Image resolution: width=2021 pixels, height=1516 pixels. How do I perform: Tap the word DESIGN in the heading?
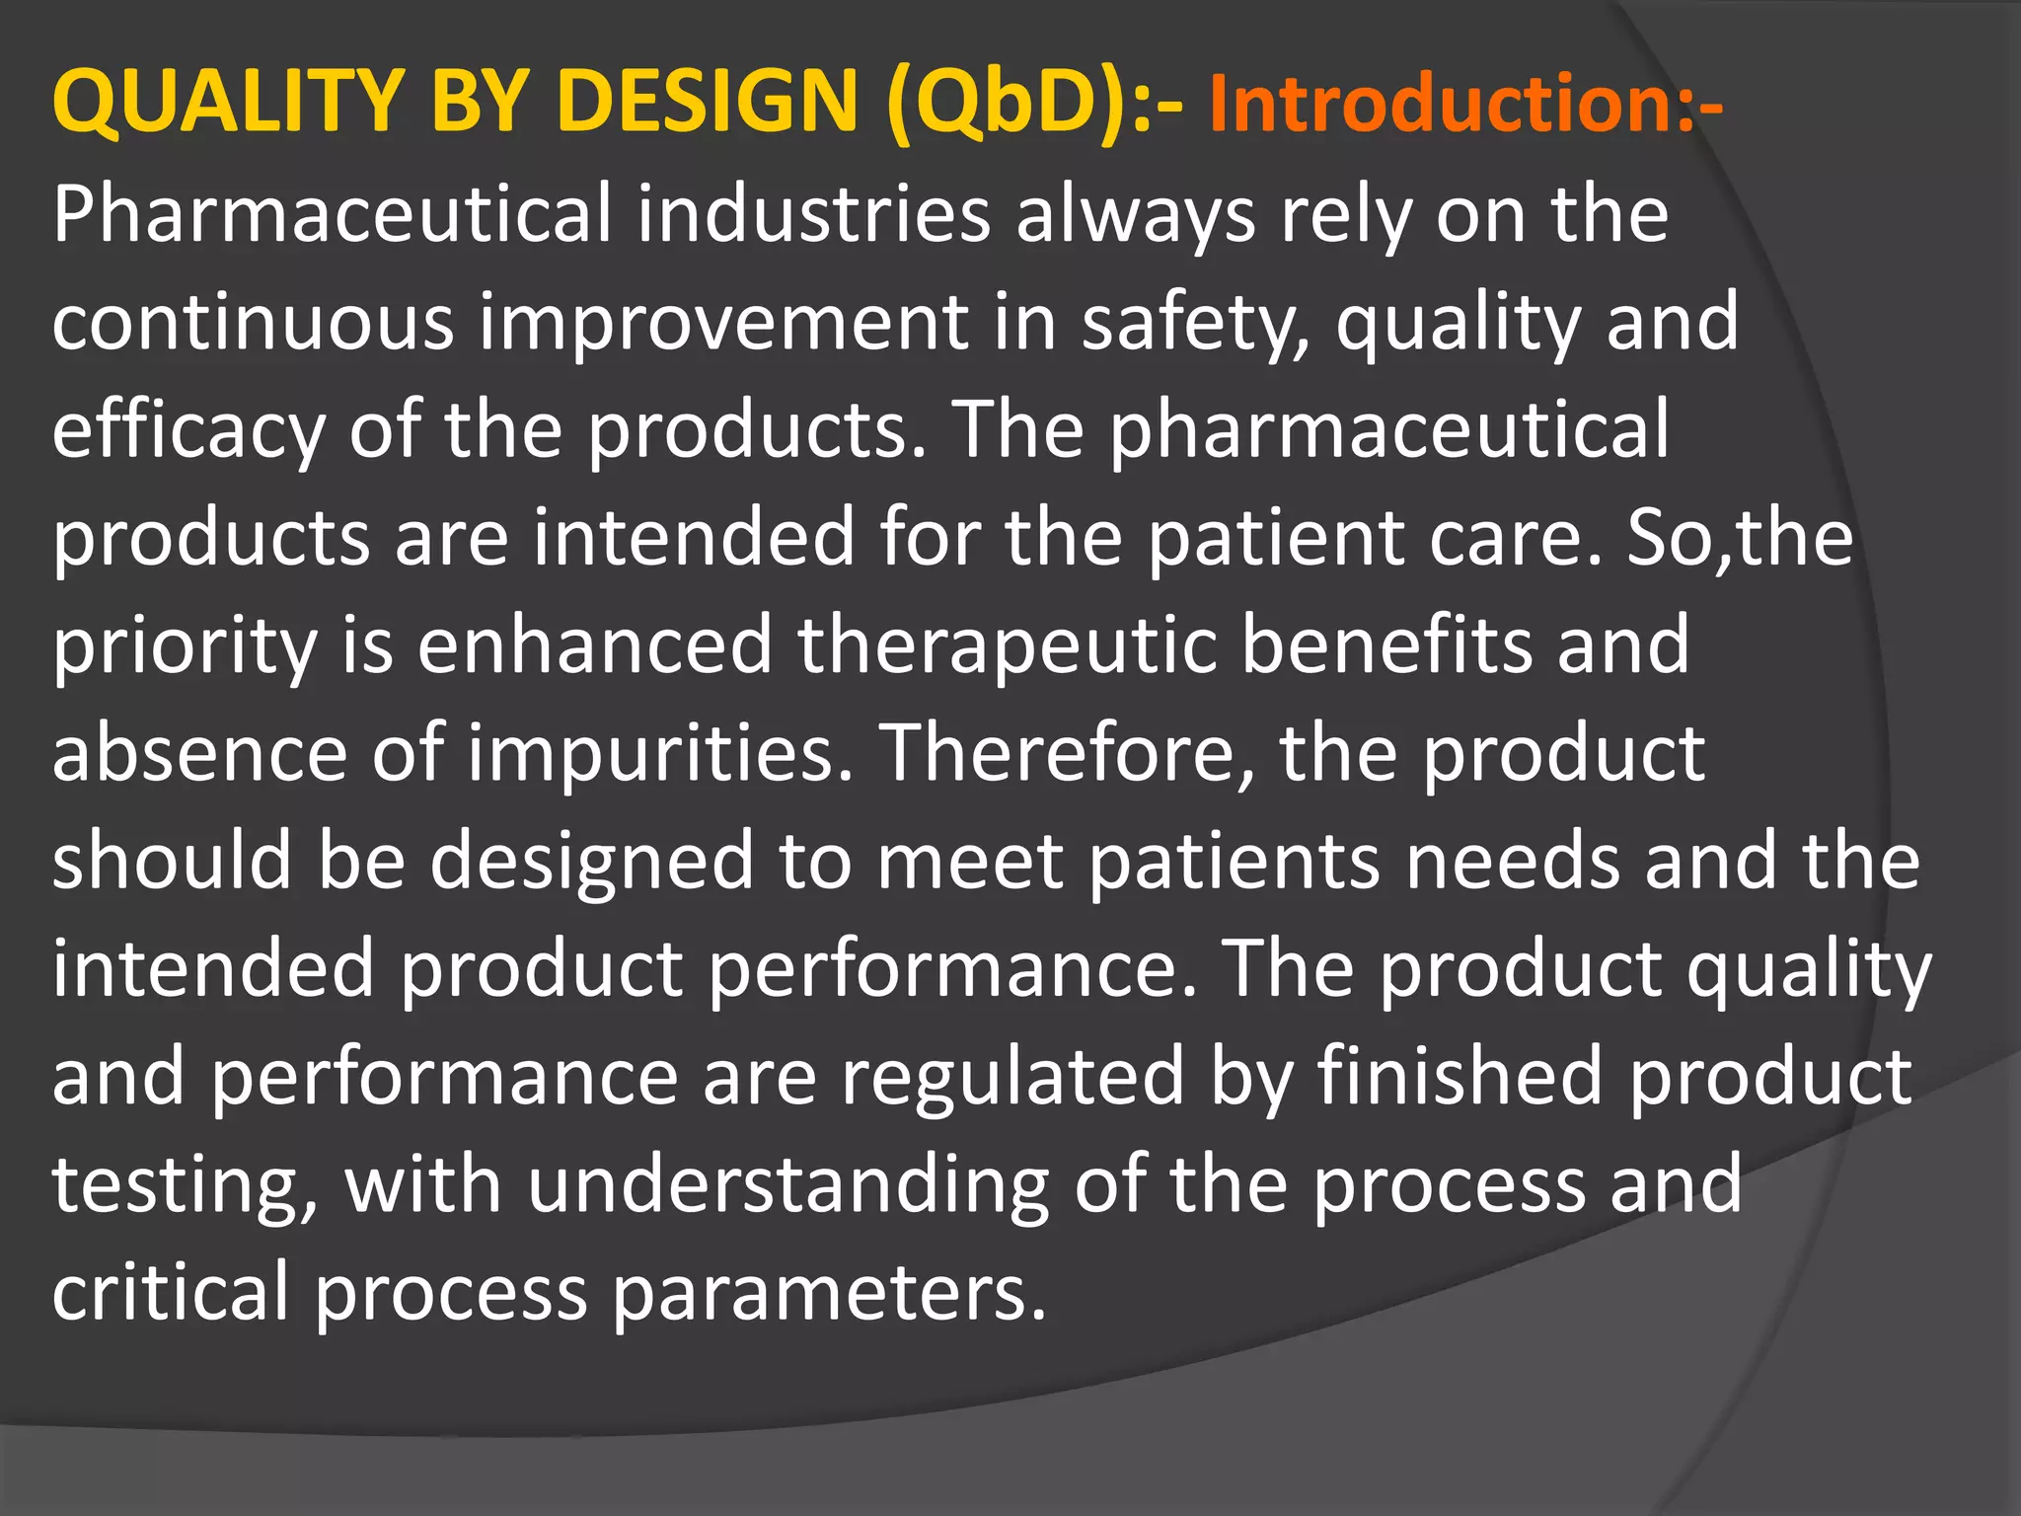[707, 102]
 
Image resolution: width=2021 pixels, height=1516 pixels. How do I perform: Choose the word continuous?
[253, 323]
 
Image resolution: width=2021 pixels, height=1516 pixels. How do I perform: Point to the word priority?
[184, 647]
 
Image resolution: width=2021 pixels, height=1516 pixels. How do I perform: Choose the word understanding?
[788, 1184]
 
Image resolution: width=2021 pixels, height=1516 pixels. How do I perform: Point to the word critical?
[170, 1291]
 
